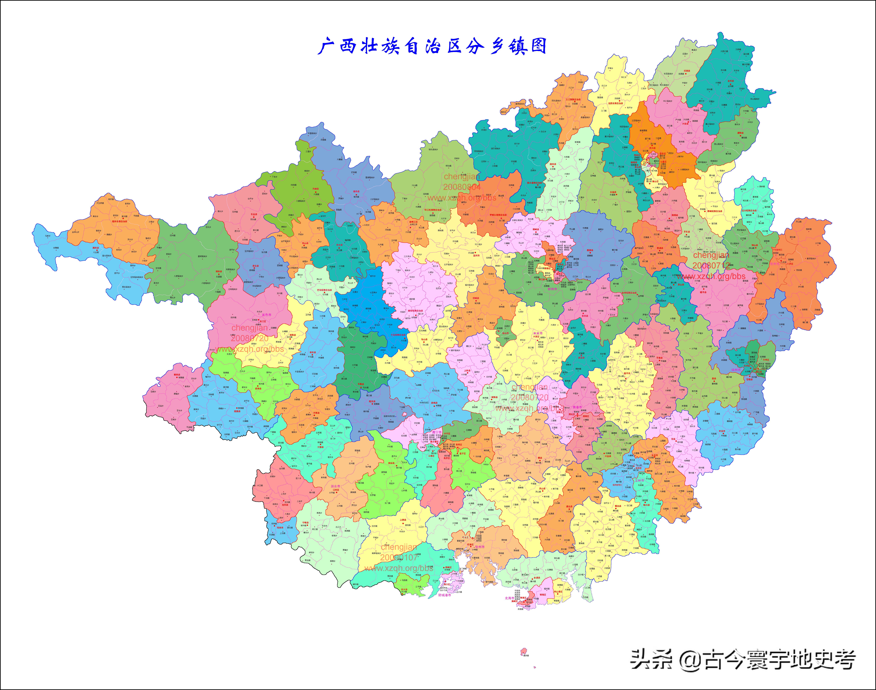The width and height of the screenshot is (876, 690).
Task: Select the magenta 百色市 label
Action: pyautogui.click(x=267, y=315)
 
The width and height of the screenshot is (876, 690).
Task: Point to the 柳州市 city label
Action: pyautogui.click(x=552, y=289)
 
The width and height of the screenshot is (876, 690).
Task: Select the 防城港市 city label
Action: pyautogui.click(x=445, y=595)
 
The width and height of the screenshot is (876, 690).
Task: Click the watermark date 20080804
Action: pyautogui.click(x=462, y=187)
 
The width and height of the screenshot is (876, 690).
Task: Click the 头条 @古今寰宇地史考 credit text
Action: pyautogui.click(x=743, y=660)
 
